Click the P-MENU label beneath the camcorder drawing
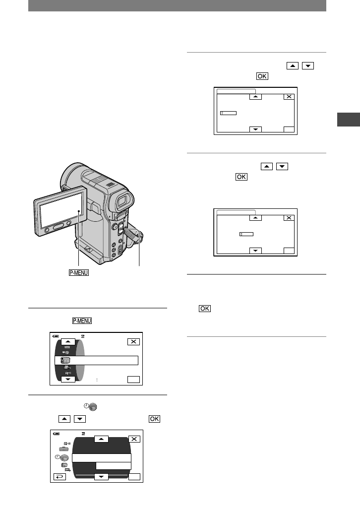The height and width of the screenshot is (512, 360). [x=79, y=273]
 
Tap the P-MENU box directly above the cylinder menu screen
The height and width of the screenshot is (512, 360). [x=82, y=320]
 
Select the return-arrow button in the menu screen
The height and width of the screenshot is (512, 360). [x=60, y=477]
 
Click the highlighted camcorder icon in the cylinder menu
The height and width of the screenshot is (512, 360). [x=65, y=360]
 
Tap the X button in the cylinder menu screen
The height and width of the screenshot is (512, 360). [x=133, y=341]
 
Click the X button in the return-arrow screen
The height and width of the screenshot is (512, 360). [x=134, y=439]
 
